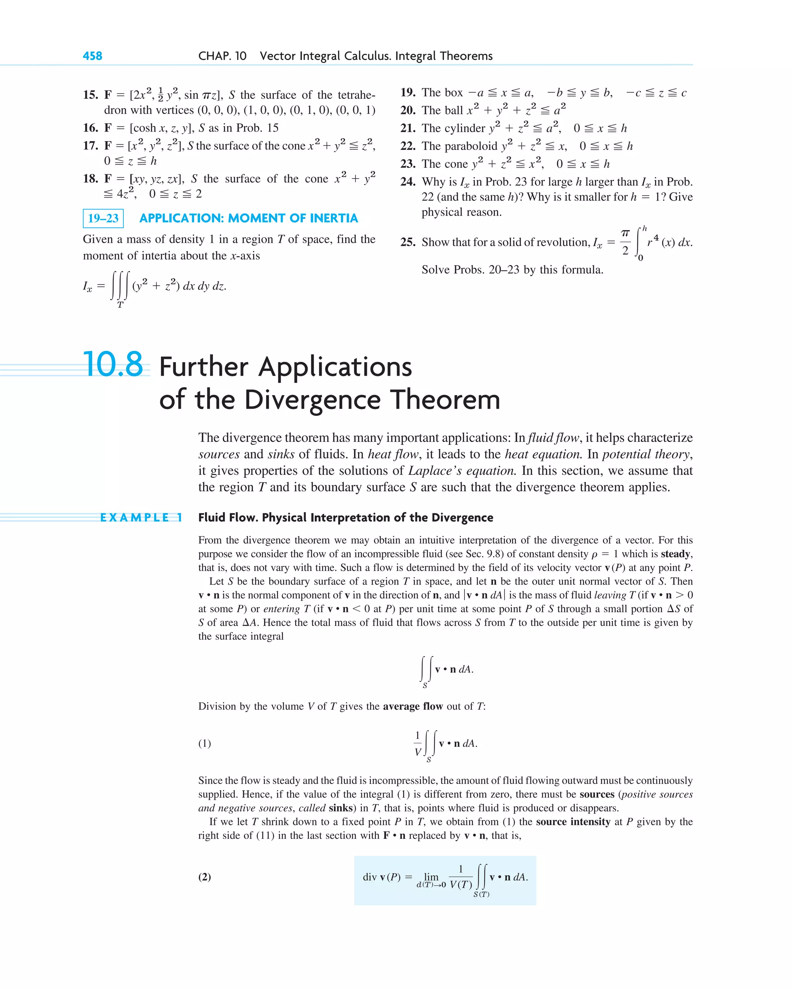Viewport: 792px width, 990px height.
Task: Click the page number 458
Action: [x=92, y=56]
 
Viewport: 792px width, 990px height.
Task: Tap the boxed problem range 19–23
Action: [x=103, y=218]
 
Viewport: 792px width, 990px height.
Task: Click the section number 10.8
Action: [x=113, y=364]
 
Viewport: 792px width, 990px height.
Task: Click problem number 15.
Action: [x=90, y=95]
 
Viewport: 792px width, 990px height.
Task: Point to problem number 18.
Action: [x=90, y=179]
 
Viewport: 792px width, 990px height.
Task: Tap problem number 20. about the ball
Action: [x=408, y=110]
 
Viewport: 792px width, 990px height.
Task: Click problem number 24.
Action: [x=408, y=182]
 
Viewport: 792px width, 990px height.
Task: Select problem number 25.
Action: [x=408, y=242]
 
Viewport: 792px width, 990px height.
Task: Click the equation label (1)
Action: [x=205, y=743]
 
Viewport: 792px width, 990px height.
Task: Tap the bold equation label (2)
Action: [x=205, y=877]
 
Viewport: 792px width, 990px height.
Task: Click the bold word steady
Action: [x=676, y=554]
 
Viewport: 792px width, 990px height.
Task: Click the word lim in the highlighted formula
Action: [x=431, y=877]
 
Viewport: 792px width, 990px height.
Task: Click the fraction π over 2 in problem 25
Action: [x=625, y=242]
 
